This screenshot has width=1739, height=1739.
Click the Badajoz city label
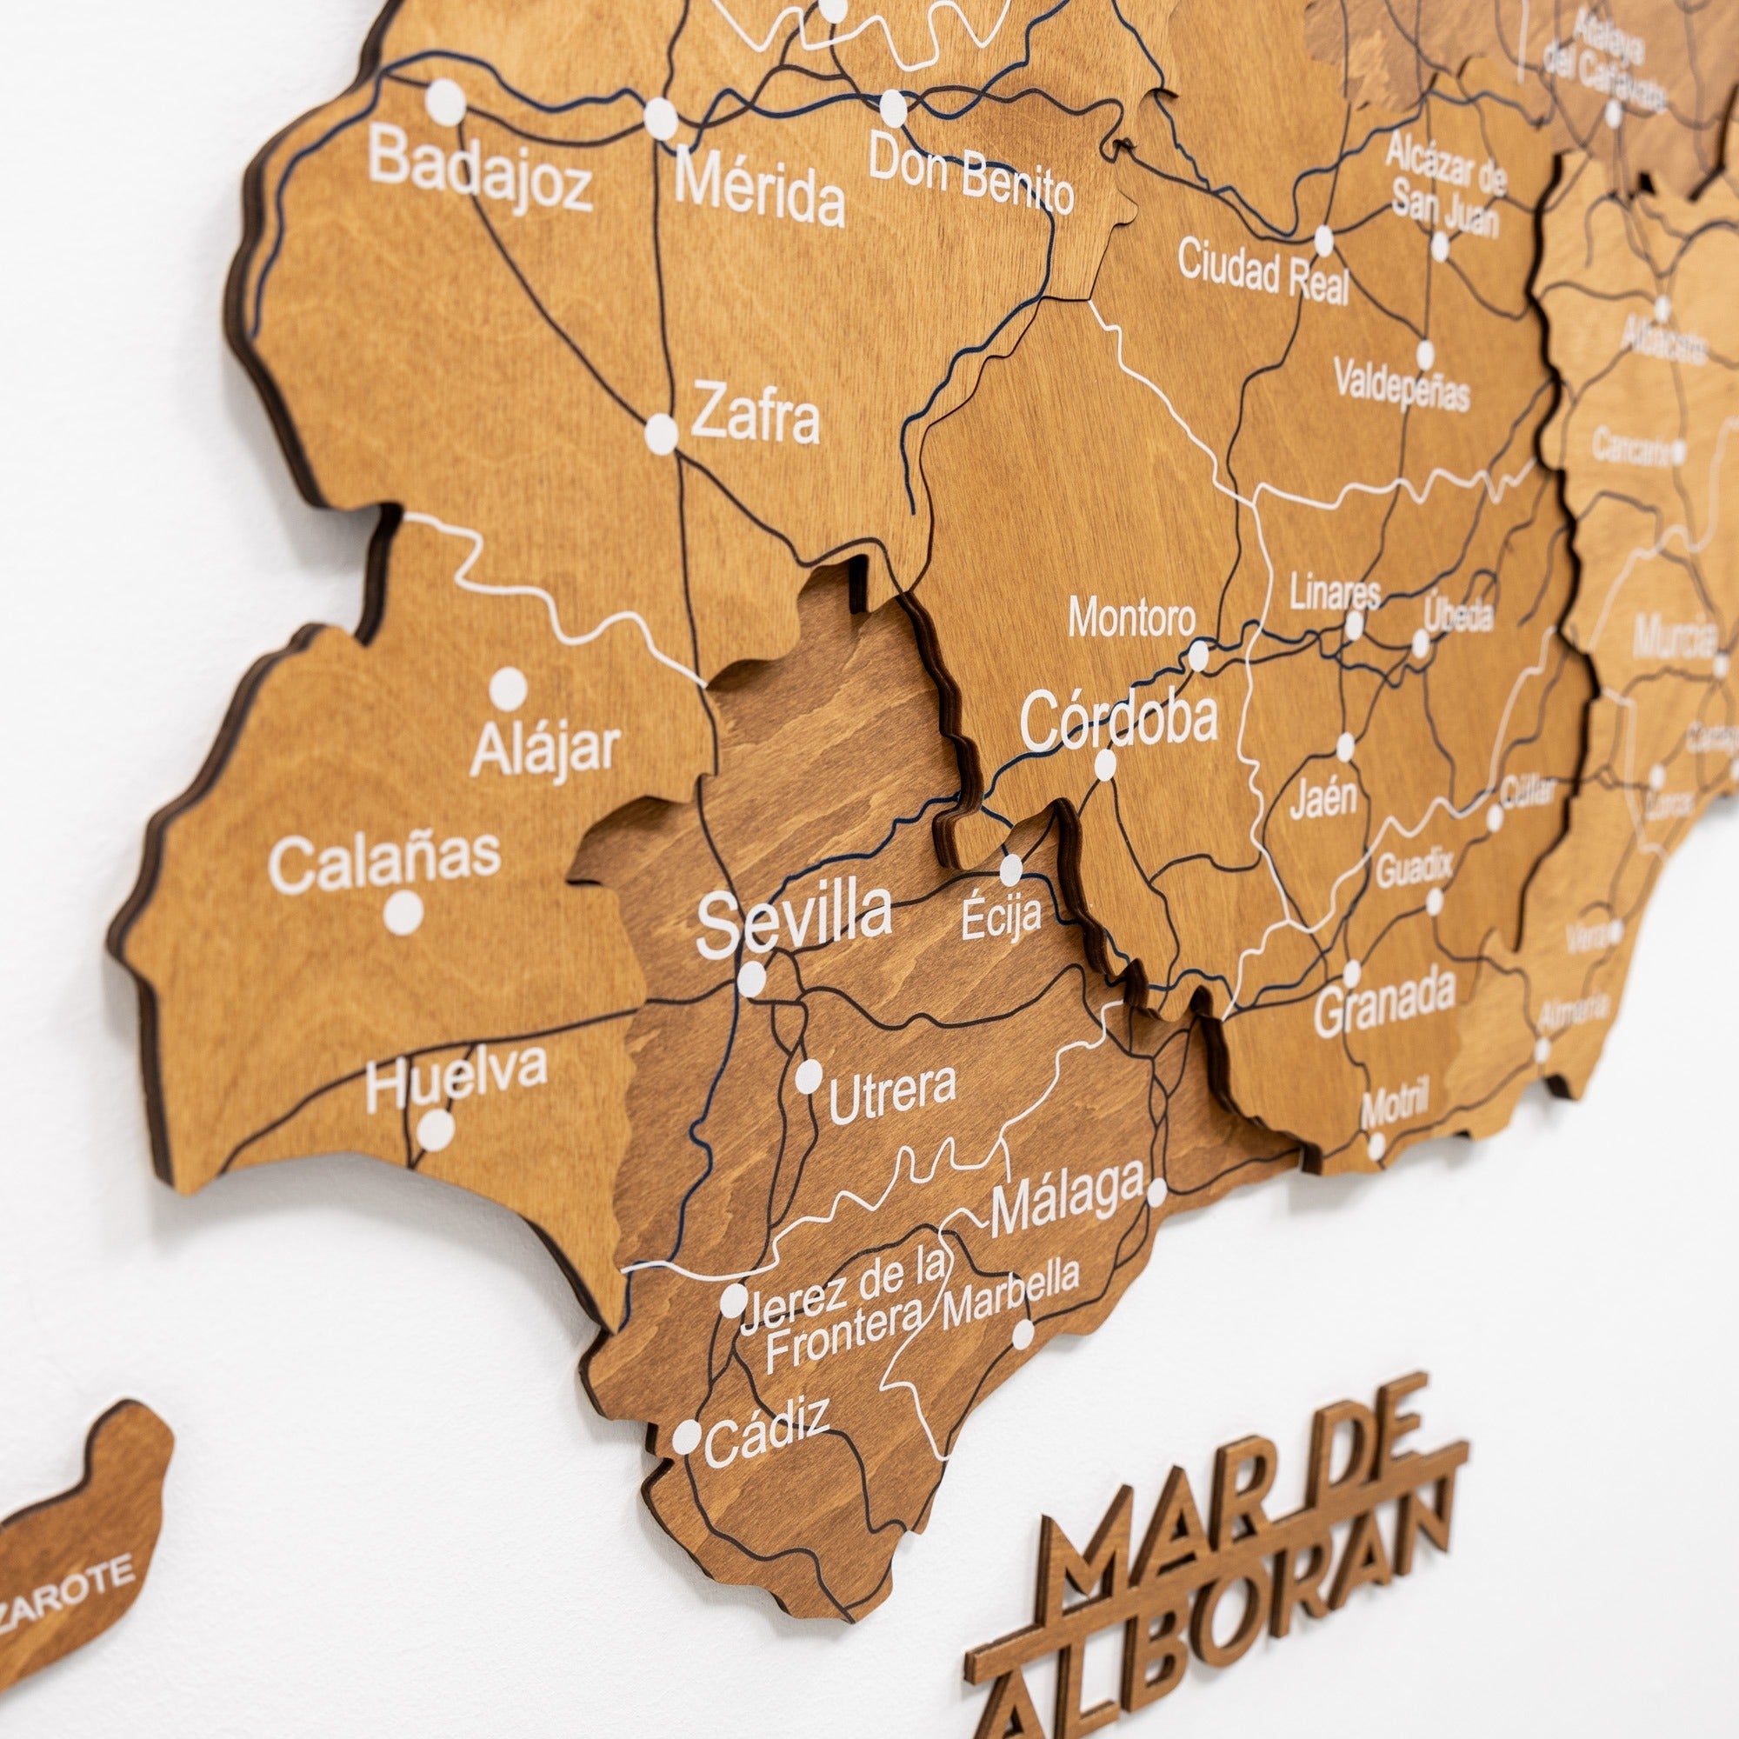[480, 171]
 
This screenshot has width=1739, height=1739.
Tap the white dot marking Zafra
[662, 433]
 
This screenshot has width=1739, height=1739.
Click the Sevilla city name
[794, 919]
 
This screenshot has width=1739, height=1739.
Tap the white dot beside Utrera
[809, 1076]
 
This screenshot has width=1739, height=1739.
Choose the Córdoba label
[1119, 719]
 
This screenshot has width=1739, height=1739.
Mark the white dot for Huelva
[436, 1129]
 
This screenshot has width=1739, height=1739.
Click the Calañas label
[384, 863]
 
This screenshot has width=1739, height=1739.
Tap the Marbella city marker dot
[1023, 1334]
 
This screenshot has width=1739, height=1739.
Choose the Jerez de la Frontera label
[846, 1313]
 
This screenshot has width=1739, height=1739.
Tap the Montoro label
[1132, 618]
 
